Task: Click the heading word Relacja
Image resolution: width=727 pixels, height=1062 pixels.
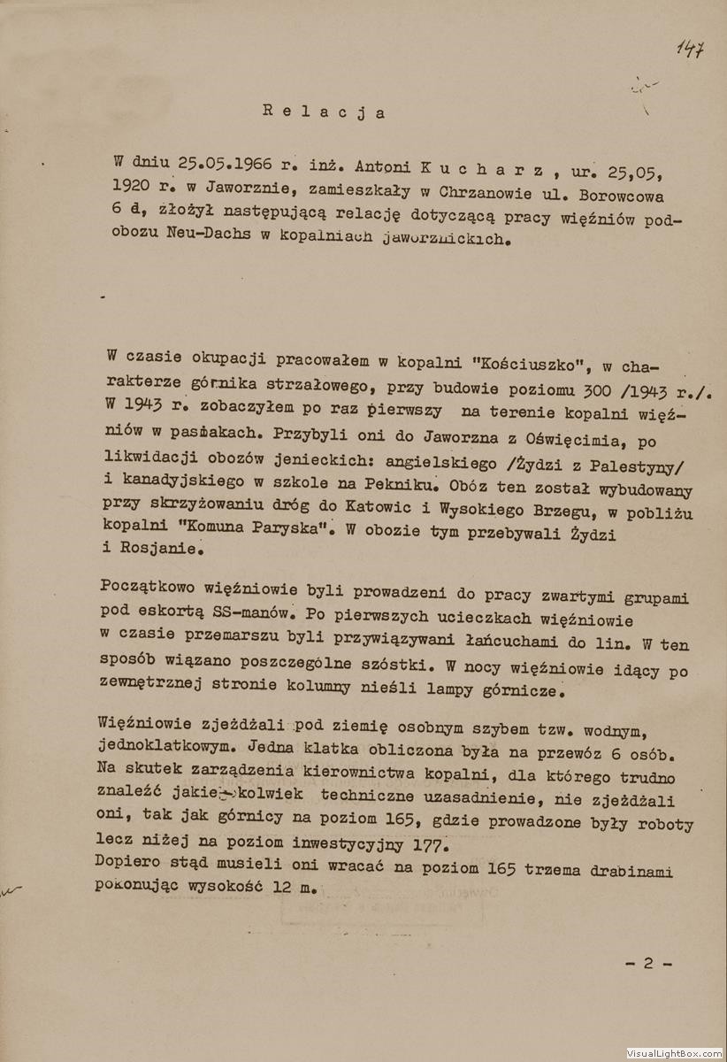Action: point(324,112)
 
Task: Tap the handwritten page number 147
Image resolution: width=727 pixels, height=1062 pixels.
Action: point(691,49)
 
